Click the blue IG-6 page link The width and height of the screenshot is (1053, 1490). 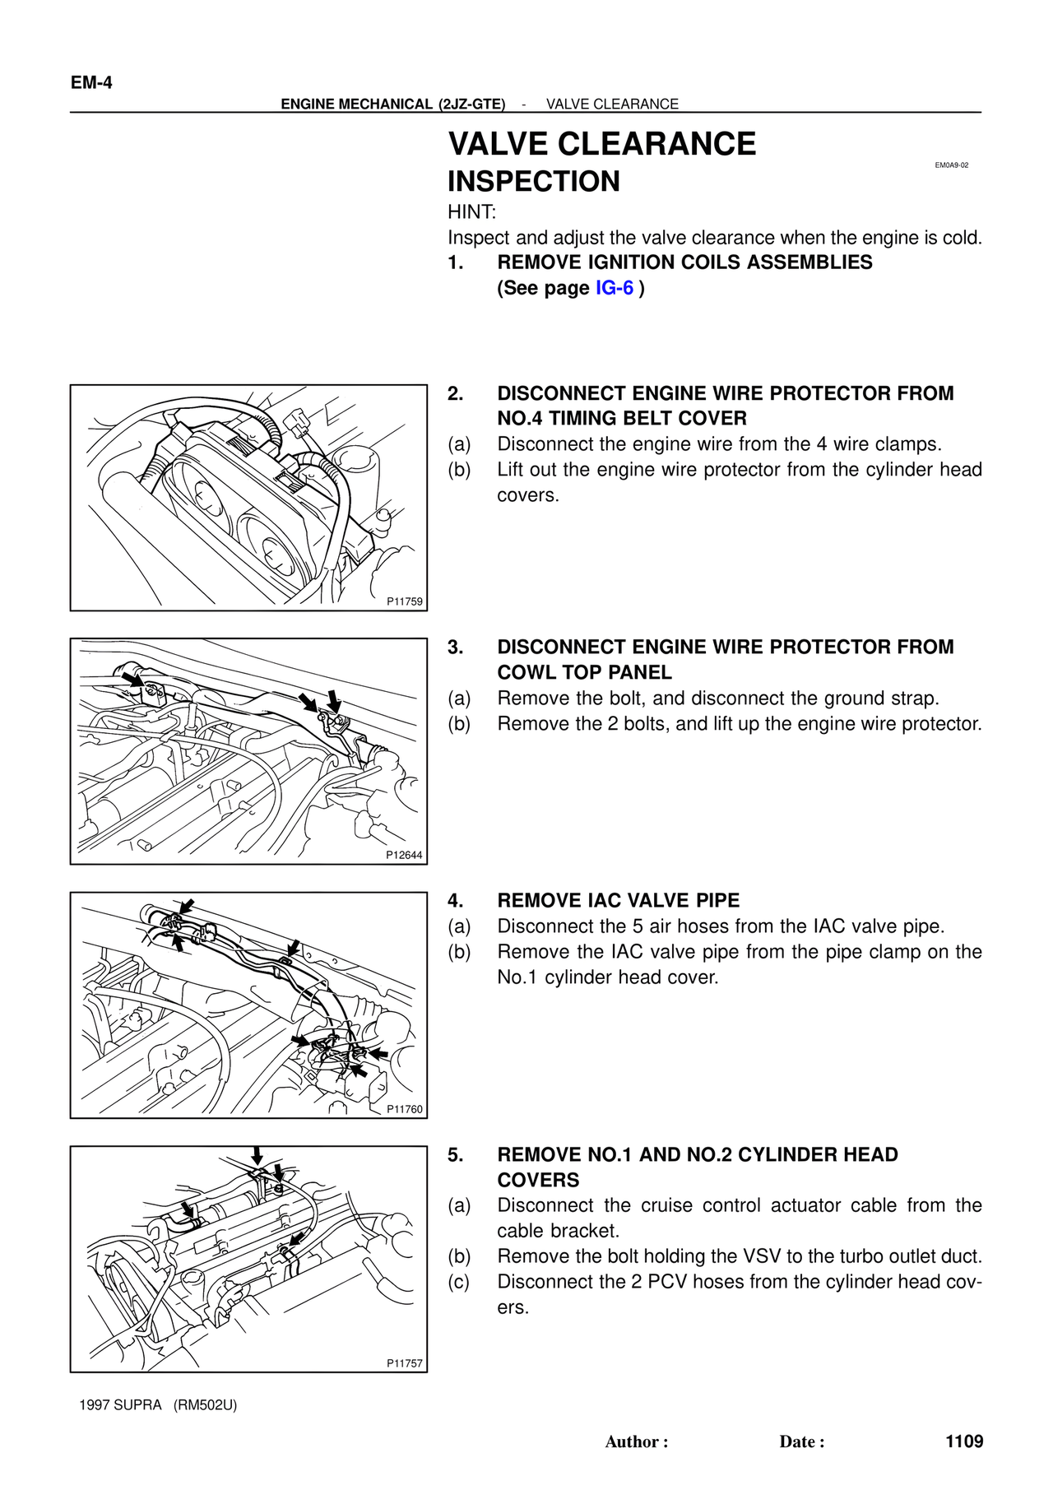pyautogui.click(x=615, y=288)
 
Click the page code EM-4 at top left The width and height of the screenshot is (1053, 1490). pyautogui.click(x=91, y=83)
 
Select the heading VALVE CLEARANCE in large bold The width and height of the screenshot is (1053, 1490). pyautogui.click(x=601, y=144)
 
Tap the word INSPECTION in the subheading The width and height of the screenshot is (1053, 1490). pyautogui.click(x=534, y=182)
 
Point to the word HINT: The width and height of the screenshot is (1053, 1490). pyautogui.click(x=472, y=212)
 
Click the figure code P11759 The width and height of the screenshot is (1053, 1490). pyautogui.click(x=405, y=601)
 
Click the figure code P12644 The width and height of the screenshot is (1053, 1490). pyautogui.click(x=405, y=855)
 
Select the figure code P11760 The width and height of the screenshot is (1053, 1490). pyautogui.click(x=405, y=1109)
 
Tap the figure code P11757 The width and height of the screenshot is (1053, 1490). pyautogui.click(x=405, y=1363)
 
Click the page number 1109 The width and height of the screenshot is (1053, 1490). pyautogui.click(x=964, y=1441)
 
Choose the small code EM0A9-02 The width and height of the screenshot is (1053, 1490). pyautogui.click(x=952, y=165)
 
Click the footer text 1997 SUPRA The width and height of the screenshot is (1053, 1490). pyautogui.click(x=121, y=1405)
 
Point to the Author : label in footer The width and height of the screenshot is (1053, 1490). pyautogui.click(x=637, y=1441)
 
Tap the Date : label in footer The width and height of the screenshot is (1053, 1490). pyautogui.click(x=802, y=1441)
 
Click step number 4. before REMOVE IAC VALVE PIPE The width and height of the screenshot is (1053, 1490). pyautogui.click(x=456, y=901)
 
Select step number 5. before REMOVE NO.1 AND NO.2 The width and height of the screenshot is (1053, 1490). pyautogui.click(x=456, y=1155)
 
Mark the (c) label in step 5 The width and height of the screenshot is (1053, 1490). pyautogui.click(x=459, y=1282)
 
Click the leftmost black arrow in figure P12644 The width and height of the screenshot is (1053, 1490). pyautogui.click(x=132, y=679)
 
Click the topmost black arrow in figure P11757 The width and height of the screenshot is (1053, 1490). pyautogui.click(x=257, y=1156)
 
